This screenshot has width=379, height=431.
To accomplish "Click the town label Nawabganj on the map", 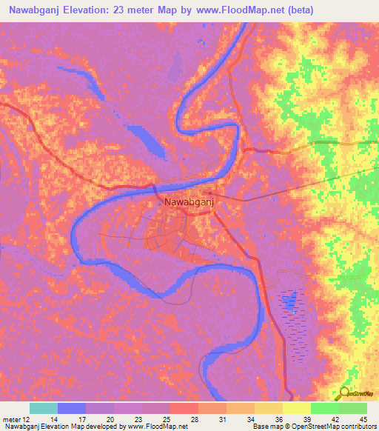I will (x=186, y=201).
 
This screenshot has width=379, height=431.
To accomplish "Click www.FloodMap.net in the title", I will (x=236, y=10).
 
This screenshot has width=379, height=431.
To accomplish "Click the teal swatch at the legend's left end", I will (x=44, y=408).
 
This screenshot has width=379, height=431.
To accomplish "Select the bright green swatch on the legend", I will (x=324, y=408).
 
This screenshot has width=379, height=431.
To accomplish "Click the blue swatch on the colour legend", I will (x=72, y=408).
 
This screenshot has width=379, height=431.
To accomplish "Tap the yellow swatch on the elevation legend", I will (x=296, y=408).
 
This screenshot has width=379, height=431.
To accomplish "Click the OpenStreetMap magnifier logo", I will (x=345, y=394).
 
